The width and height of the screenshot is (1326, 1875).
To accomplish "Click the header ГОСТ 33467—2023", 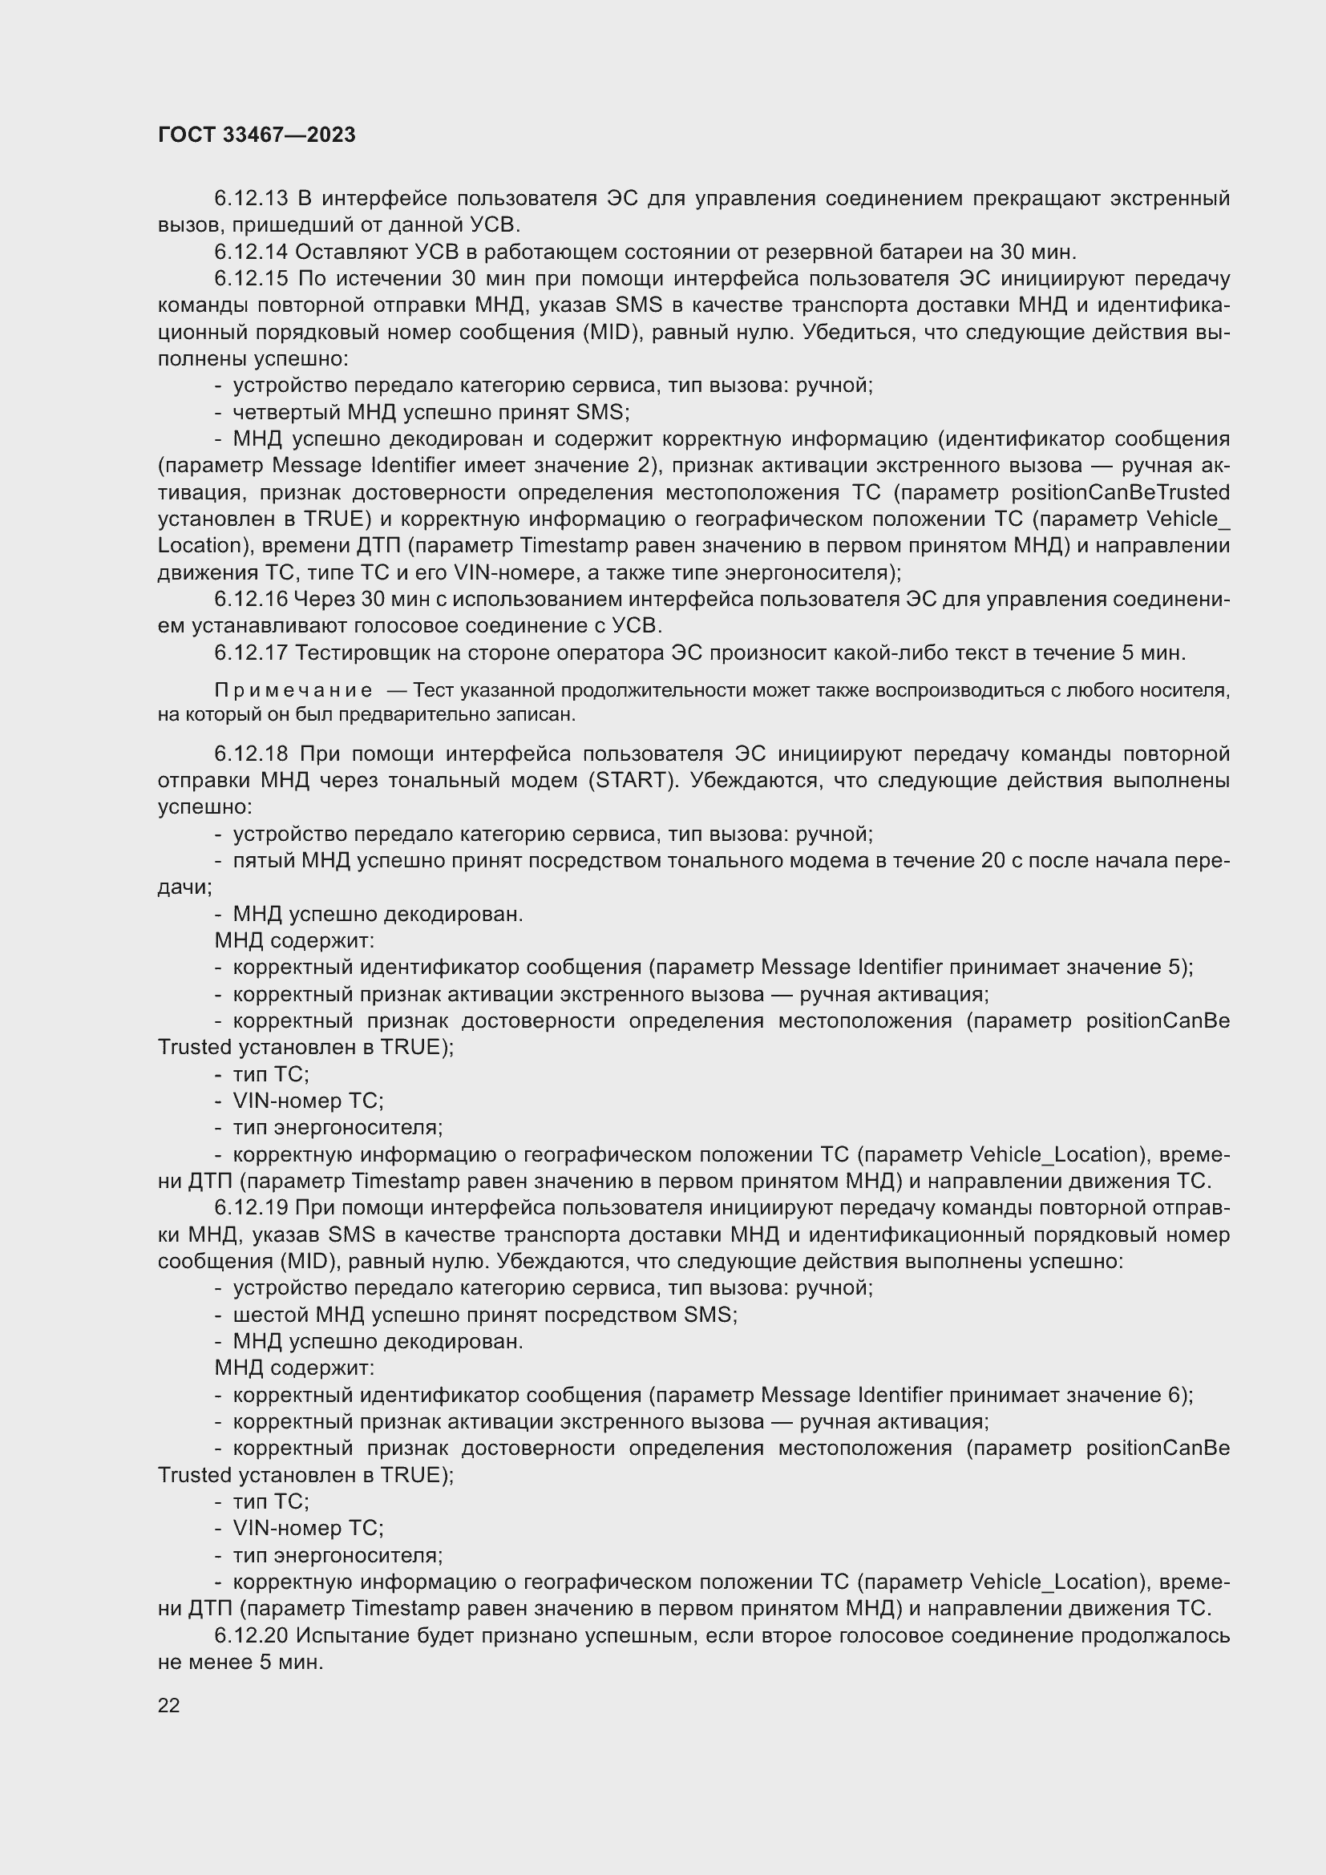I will (257, 135).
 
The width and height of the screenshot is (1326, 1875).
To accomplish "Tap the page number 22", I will (169, 1705).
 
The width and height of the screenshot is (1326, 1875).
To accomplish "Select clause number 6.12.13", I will (251, 199).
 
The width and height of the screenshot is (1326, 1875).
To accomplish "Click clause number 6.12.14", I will (251, 252).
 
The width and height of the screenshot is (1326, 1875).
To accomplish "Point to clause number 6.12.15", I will (251, 278).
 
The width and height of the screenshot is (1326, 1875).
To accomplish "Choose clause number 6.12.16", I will (251, 600).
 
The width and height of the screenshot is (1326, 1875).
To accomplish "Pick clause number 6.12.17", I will (251, 653).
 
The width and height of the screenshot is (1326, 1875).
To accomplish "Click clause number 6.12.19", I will (251, 1208).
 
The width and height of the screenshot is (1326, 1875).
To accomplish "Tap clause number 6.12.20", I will (251, 1636).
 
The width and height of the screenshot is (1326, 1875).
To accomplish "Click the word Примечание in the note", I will (293, 691).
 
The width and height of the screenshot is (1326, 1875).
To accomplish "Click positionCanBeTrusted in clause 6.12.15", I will (1120, 492).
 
